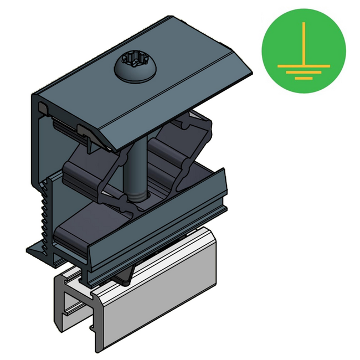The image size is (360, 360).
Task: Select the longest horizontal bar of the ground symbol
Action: pyautogui.click(x=304, y=66)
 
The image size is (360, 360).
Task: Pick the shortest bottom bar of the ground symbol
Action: pyautogui.click(x=304, y=78)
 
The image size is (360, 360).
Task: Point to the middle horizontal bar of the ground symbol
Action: pyautogui.click(x=304, y=72)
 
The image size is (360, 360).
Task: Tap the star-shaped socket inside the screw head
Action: pyautogui.click(x=136, y=62)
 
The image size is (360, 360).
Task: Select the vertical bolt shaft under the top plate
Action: pyautogui.click(x=136, y=166)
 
